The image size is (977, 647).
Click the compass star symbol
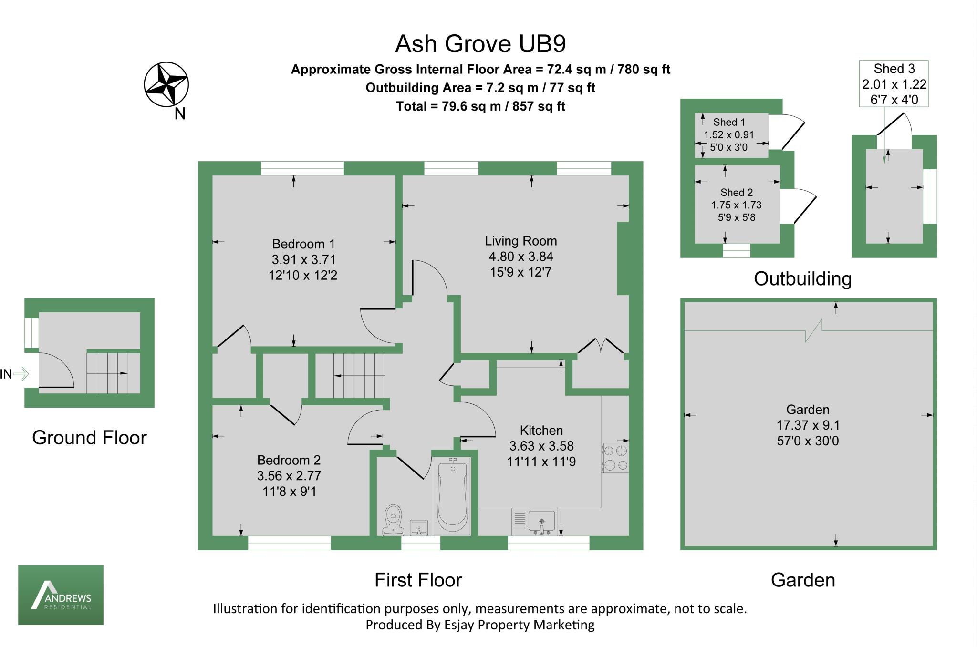[x=166, y=84]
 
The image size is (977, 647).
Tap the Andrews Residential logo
[x=61, y=595]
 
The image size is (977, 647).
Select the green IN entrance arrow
[x=21, y=374]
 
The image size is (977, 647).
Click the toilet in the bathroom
[x=394, y=520]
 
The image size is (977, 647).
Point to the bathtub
[x=452, y=496]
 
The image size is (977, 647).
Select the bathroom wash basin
[x=419, y=528]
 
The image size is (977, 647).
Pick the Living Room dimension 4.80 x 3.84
[x=521, y=257]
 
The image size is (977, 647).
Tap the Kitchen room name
[x=541, y=431]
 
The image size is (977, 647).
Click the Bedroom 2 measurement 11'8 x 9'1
[x=289, y=491]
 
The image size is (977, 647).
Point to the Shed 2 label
[x=737, y=193]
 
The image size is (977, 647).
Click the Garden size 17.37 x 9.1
[x=808, y=425]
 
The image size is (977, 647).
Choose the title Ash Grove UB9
[x=480, y=44]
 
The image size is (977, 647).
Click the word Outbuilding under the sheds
[x=802, y=279]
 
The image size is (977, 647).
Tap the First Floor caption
[x=418, y=580]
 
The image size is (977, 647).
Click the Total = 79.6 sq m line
[x=480, y=106]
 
